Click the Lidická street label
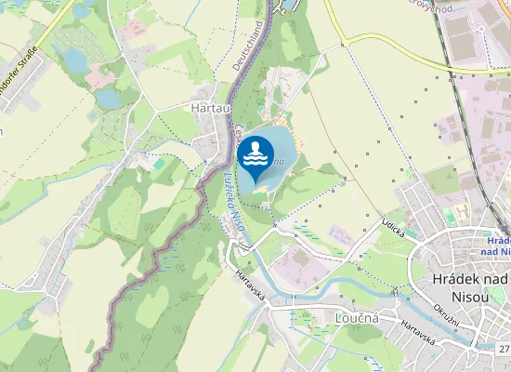(393, 228)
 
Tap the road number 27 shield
(504, 349)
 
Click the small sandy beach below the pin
(263, 193)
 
